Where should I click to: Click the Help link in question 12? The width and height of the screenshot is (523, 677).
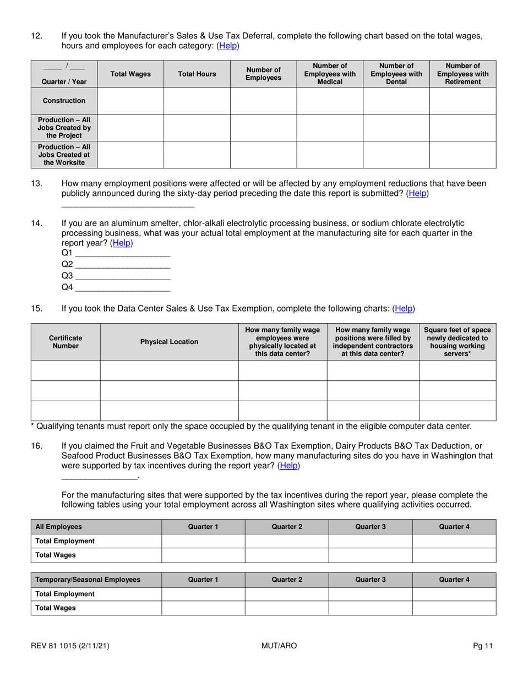pyautogui.click(x=228, y=46)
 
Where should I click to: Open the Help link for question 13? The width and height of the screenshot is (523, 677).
pyautogui.click(x=417, y=194)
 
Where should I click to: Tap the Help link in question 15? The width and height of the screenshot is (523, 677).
pyautogui.click(x=404, y=309)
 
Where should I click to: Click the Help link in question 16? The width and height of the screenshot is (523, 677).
pyautogui.click(x=289, y=466)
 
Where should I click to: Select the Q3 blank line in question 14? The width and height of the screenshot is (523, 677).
pyautogui.click(x=122, y=276)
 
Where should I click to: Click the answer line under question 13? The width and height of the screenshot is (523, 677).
pyautogui.click(x=128, y=205)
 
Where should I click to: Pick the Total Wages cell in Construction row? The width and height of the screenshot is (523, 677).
pyautogui.click(x=130, y=101)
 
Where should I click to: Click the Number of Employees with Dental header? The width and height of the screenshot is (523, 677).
pyautogui.click(x=396, y=74)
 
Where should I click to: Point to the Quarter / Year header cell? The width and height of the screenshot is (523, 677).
pyautogui.click(x=64, y=74)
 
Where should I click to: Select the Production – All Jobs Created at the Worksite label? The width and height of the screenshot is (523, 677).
pyautogui.click(x=64, y=155)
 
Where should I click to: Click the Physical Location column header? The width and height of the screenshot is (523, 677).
pyautogui.click(x=169, y=342)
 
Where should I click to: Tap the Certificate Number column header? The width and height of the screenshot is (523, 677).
pyautogui.click(x=66, y=342)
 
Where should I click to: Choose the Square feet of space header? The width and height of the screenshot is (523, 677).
pyautogui.click(x=457, y=342)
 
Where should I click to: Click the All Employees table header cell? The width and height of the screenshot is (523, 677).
pyautogui.click(x=96, y=527)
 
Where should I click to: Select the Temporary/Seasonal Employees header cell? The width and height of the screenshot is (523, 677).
pyautogui.click(x=96, y=580)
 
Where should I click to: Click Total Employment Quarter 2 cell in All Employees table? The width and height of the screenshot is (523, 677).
pyautogui.click(x=287, y=541)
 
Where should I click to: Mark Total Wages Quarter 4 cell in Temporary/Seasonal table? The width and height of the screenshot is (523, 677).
pyautogui.click(x=454, y=608)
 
